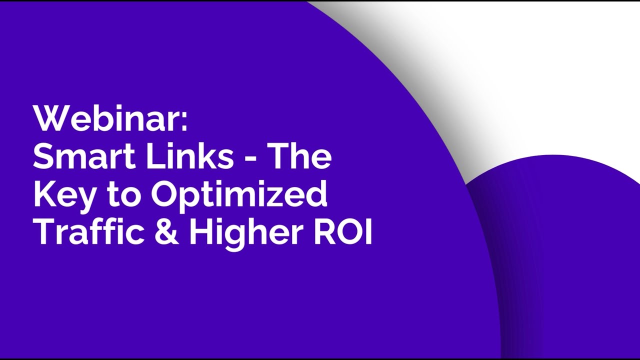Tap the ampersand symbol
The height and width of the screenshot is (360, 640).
pyautogui.click(x=166, y=232)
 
